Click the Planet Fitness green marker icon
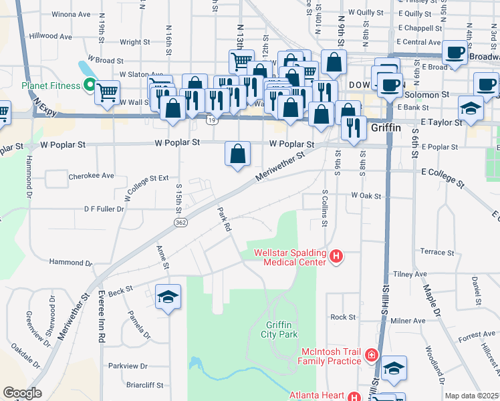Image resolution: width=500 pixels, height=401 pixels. (x=88, y=85)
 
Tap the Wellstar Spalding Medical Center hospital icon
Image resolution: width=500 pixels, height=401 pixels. (x=337, y=255)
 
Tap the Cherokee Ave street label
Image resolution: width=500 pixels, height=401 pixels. (x=92, y=177)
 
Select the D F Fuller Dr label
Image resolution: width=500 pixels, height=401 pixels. (x=104, y=209)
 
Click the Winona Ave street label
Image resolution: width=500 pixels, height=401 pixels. (x=72, y=13)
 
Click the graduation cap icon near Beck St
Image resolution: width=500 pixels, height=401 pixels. (x=168, y=297)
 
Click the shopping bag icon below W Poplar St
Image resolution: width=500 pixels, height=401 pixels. (x=237, y=154)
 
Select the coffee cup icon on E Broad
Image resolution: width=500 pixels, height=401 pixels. (x=455, y=52)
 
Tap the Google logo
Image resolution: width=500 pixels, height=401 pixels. (x=22, y=394)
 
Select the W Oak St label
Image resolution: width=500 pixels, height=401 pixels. (x=366, y=196)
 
